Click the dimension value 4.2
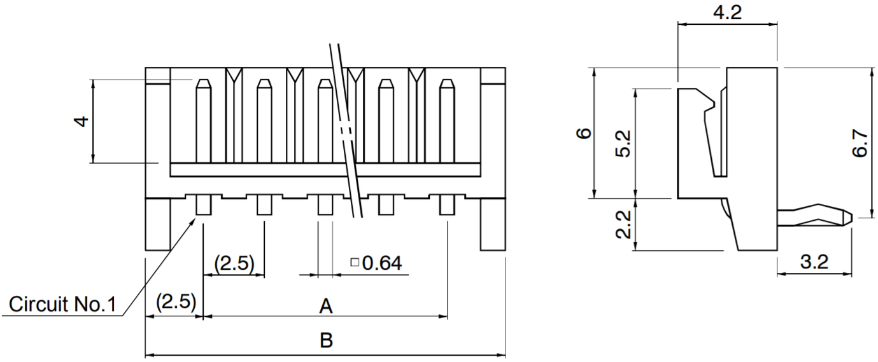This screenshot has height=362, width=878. (726, 13)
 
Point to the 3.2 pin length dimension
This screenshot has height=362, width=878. (814, 261)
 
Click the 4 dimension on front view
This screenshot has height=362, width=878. (81, 120)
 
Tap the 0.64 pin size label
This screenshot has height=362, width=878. (381, 262)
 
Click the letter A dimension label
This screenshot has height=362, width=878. (325, 307)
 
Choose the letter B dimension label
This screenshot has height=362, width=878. (325, 341)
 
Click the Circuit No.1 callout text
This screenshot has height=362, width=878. (62, 305)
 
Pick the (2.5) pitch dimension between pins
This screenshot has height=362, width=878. (234, 263)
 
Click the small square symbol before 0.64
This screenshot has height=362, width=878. (355, 261)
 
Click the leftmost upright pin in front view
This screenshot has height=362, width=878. (203, 121)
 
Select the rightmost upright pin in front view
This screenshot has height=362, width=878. (447, 121)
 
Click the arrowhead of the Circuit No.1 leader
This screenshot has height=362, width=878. (194, 218)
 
